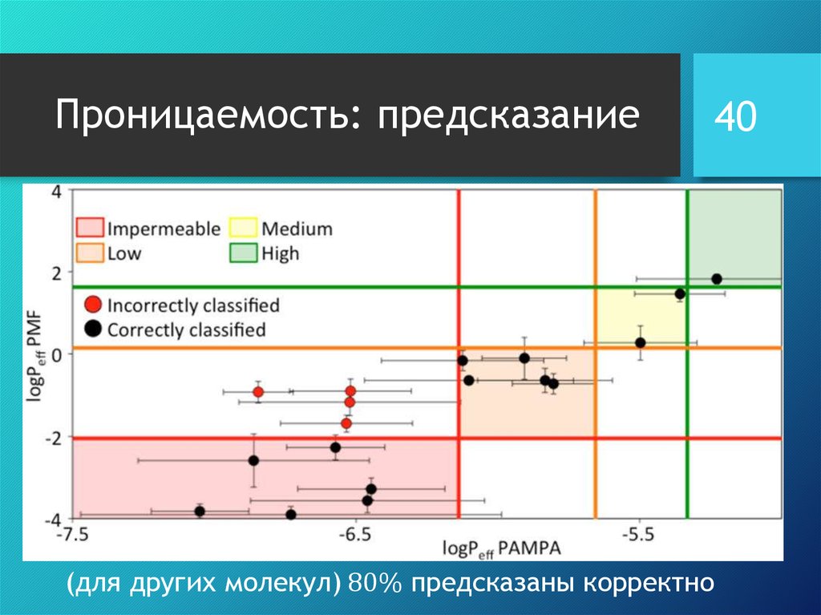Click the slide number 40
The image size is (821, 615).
(735, 117)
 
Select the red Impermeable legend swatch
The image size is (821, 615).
(90, 229)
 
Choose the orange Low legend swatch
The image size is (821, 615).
(90, 254)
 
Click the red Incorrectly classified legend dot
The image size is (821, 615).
(94, 305)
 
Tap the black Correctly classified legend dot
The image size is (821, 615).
(94, 329)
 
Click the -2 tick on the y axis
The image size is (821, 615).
(52, 437)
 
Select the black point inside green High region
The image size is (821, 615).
(717, 279)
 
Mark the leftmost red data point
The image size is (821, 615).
(258, 391)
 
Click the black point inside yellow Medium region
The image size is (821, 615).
(641, 342)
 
